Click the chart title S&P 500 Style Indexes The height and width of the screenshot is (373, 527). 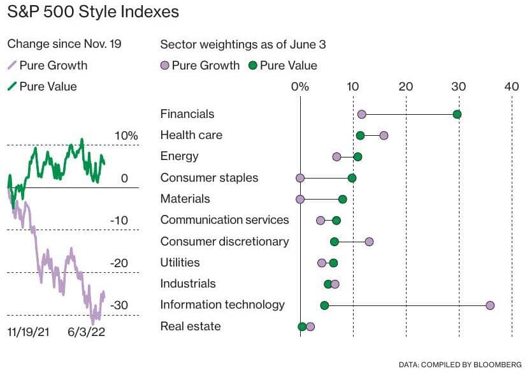pyautogui.click(x=93, y=12)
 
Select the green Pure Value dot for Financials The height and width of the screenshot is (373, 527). pyautogui.click(x=457, y=114)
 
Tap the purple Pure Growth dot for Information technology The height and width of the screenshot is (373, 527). pyautogui.click(x=490, y=305)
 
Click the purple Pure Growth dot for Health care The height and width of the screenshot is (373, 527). pyautogui.click(x=384, y=135)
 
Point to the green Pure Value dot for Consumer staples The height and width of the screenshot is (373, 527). pyautogui.click(x=352, y=178)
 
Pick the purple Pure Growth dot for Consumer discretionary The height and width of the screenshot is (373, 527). pyautogui.click(x=369, y=242)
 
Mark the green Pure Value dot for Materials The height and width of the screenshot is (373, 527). pyautogui.click(x=343, y=199)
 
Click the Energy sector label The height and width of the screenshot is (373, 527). pyautogui.click(x=179, y=156)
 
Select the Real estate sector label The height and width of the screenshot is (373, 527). pyautogui.click(x=191, y=326)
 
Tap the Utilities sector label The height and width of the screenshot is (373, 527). pyautogui.click(x=180, y=263)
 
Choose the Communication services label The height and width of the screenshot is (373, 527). pyautogui.click(x=224, y=220)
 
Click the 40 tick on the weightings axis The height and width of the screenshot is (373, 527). pyautogui.click(x=512, y=86)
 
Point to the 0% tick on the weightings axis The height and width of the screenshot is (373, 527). pyautogui.click(x=300, y=86)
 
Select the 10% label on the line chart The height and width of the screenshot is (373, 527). pyautogui.click(x=126, y=136)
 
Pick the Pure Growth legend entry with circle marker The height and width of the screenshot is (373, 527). pyautogui.click(x=200, y=65)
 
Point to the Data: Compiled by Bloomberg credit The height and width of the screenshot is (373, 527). pyautogui.click(x=459, y=365)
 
